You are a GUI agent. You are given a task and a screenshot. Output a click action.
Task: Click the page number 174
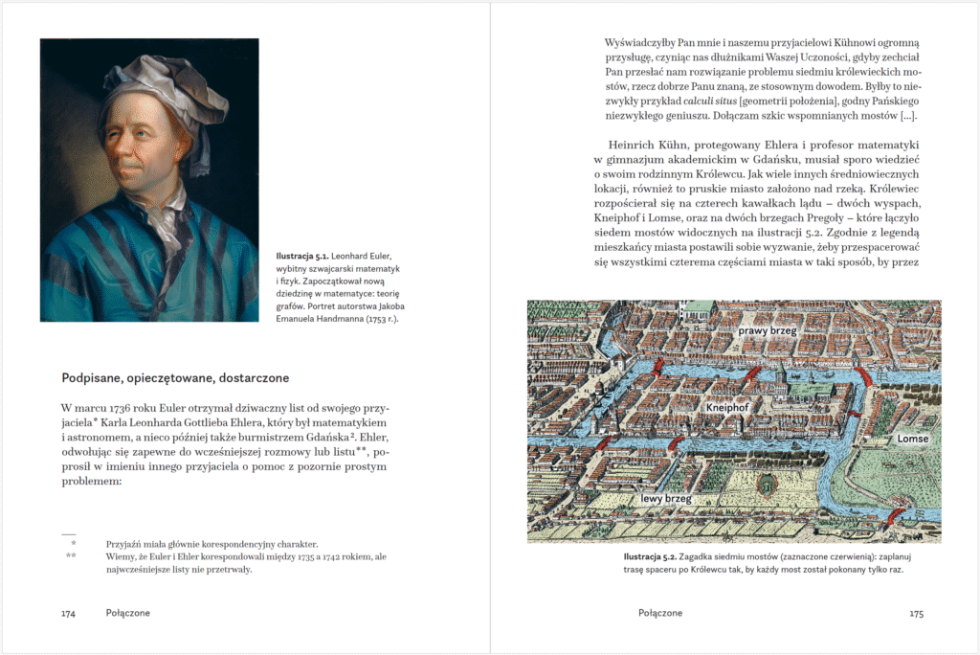coord(68,613)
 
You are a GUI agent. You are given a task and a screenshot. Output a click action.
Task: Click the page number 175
coord(916,613)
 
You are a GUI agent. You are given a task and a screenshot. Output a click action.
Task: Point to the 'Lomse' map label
coord(912,438)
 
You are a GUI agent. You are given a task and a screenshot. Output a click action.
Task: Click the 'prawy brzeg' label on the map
coord(768,330)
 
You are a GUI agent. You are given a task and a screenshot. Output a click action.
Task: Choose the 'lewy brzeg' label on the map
coord(666,498)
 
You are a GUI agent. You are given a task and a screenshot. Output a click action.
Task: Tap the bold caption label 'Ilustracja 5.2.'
coord(650,556)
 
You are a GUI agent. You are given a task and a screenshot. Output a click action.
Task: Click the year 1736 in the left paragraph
coord(122,406)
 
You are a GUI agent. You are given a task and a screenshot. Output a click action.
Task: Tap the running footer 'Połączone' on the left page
coord(128,613)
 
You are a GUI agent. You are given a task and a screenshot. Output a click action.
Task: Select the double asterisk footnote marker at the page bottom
coord(71,555)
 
